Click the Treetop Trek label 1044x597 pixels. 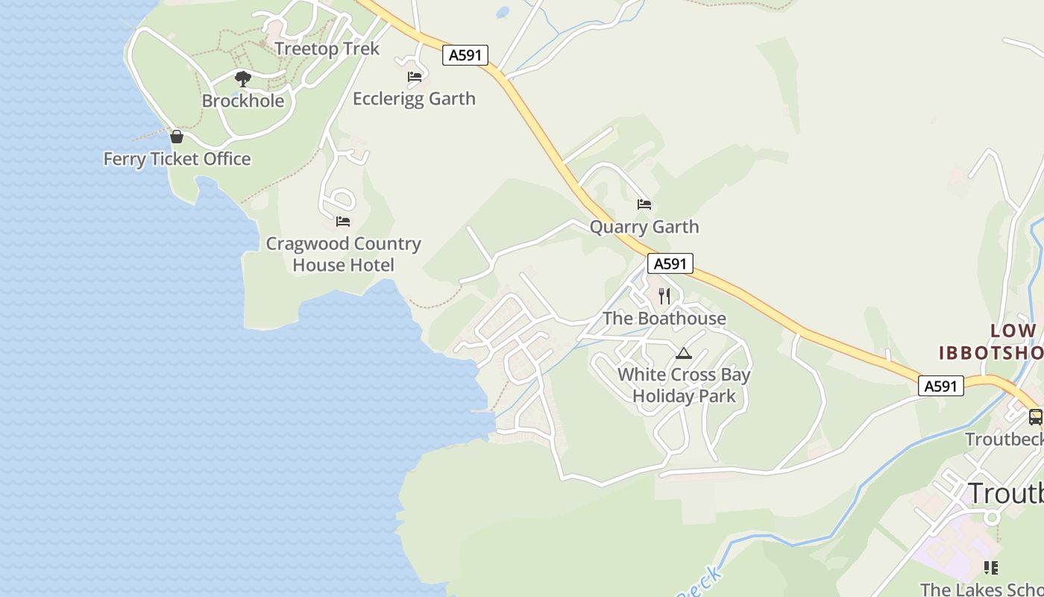click(x=327, y=49)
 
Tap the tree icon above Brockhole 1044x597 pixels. click(x=242, y=78)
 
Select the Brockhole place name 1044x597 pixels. click(x=242, y=101)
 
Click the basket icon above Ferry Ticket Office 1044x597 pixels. click(x=177, y=137)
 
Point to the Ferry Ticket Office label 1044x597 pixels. click(x=177, y=159)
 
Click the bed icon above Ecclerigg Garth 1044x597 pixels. click(x=415, y=76)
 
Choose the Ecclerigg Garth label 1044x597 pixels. click(x=414, y=99)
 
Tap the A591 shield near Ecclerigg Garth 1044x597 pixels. click(x=465, y=54)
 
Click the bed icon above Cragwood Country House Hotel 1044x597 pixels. click(x=343, y=222)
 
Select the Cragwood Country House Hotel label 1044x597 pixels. click(x=343, y=254)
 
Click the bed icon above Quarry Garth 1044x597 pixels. click(x=644, y=204)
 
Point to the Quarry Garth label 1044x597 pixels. click(x=644, y=227)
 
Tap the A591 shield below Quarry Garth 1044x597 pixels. click(x=670, y=263)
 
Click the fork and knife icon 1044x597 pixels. click(x=664, y=296)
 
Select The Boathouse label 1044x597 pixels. click(x=664, y=319)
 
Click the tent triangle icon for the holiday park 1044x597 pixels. click(x=684, y=354)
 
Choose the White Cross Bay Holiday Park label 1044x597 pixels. click(x=684, y=385)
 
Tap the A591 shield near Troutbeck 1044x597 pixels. click(x=940, y=386)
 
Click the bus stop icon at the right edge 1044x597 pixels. click(x=1035, y=417)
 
